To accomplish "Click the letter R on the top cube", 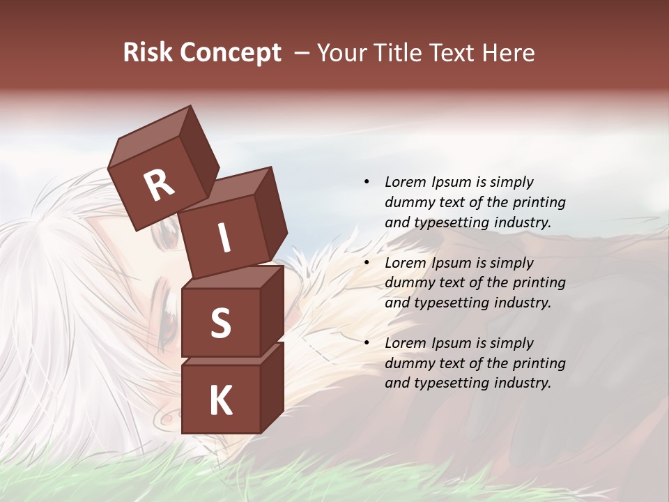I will [x=160, y=185].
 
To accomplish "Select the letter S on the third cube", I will [x=220, y=323].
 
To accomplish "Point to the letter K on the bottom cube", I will [x=220, y=401].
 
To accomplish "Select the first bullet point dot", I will [x=367, y=182].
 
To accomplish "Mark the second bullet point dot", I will [x=367, y=263].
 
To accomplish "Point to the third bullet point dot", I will [x=367, y=343].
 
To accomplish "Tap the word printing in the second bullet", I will [x=539, y=283].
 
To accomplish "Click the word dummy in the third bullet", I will [x=408, y=363].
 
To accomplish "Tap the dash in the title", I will [x=302, y=53].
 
